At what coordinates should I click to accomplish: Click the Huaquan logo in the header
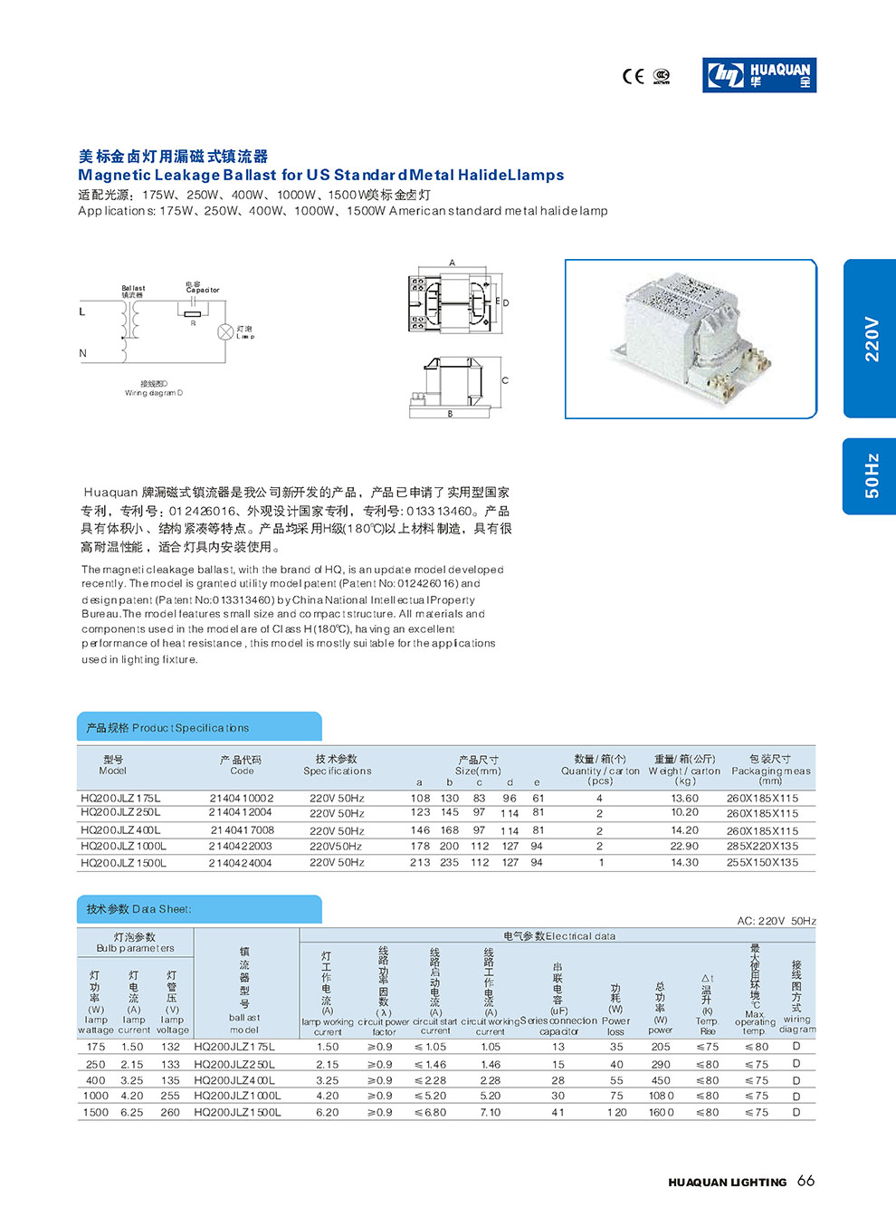(759, 75)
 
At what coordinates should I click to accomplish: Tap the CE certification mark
(633, 76)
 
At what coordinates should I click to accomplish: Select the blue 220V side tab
(870, 339)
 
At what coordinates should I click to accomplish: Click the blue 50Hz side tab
(870, 476)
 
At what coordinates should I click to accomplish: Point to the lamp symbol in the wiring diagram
(225, 332)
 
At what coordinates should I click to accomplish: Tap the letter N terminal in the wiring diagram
(83, 353)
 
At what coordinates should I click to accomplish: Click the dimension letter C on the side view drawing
(505, 380)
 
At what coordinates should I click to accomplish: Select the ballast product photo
(691, 339)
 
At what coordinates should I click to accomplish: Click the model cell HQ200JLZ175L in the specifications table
(120, 799)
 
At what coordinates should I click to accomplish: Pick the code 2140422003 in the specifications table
(241, 846)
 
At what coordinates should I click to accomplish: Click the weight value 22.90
(684, 846)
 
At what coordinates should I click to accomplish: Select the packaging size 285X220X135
(762, 846)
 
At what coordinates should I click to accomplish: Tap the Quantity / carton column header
(600, 771)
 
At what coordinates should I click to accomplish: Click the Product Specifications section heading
(168, 728)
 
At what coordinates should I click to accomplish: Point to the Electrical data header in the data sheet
(558, 936)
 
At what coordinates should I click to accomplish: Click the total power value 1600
(661, 1112)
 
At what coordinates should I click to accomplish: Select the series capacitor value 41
(558, 1112)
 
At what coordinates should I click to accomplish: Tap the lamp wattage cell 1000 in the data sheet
(96, 1096)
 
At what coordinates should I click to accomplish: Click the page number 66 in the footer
(805, 1181)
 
